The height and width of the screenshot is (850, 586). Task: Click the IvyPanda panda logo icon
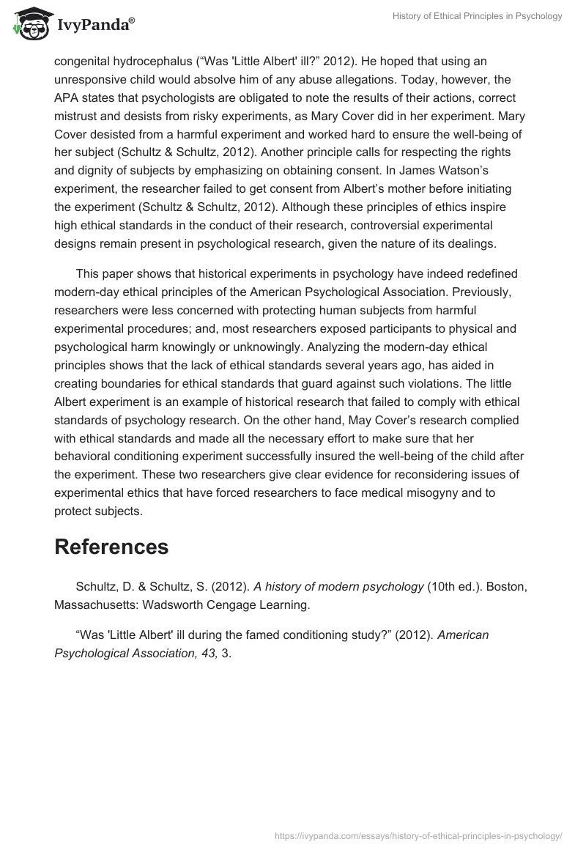point(28,25)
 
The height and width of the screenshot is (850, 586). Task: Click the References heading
point(111,547)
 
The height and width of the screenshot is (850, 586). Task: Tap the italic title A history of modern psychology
point(339,586)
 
